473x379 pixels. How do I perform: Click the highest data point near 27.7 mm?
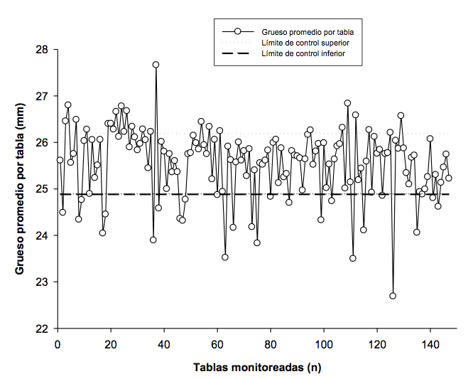156,65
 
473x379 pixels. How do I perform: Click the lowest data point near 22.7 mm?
393,296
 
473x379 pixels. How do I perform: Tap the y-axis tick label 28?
42,50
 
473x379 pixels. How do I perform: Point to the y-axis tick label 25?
42,189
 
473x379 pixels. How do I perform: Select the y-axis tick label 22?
42,329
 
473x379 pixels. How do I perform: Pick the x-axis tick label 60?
217,345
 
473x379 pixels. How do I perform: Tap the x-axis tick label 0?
58,345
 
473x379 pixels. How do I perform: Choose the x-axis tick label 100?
324,345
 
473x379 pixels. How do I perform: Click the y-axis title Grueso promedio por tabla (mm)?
20,189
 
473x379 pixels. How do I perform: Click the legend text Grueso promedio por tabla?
308,32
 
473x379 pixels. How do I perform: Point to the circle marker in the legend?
238,32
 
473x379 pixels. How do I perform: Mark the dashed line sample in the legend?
238,53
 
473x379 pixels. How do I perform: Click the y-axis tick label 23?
42,282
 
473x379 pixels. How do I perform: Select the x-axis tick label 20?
111,345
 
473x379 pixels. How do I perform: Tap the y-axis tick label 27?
42,96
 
